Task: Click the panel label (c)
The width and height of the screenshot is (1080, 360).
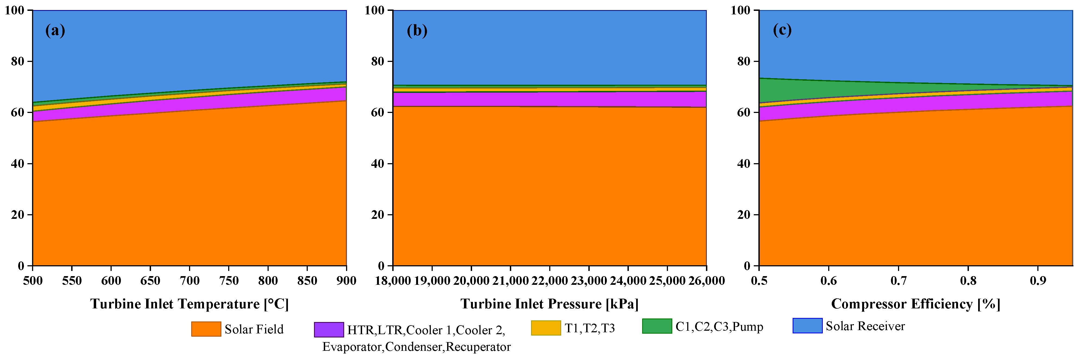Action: pos(782,30)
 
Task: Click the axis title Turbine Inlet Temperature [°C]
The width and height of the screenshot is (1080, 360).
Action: pos(190,304)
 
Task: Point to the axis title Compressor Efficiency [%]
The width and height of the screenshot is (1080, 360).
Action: pos(916,304)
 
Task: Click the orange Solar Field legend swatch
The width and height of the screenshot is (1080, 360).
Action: pos(206,329)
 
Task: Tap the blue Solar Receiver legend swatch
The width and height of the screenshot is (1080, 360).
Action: pos(807,326)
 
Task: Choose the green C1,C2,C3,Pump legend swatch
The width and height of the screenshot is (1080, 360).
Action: pos(657,326)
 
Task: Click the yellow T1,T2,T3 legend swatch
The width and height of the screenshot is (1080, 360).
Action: pos(545,328)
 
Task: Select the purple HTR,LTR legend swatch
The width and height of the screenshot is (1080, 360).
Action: pos(329,329)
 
